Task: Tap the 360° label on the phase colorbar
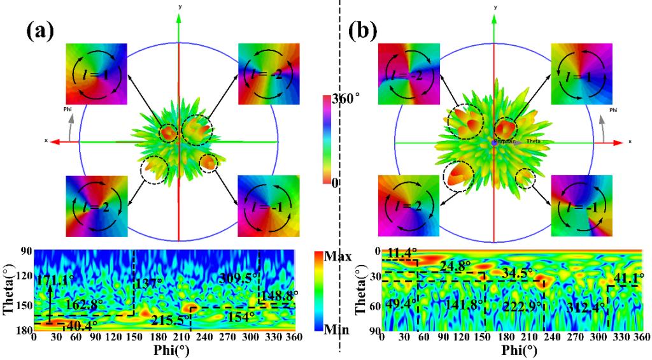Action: click(345, 99)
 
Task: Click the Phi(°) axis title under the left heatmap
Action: click(163, 350)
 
